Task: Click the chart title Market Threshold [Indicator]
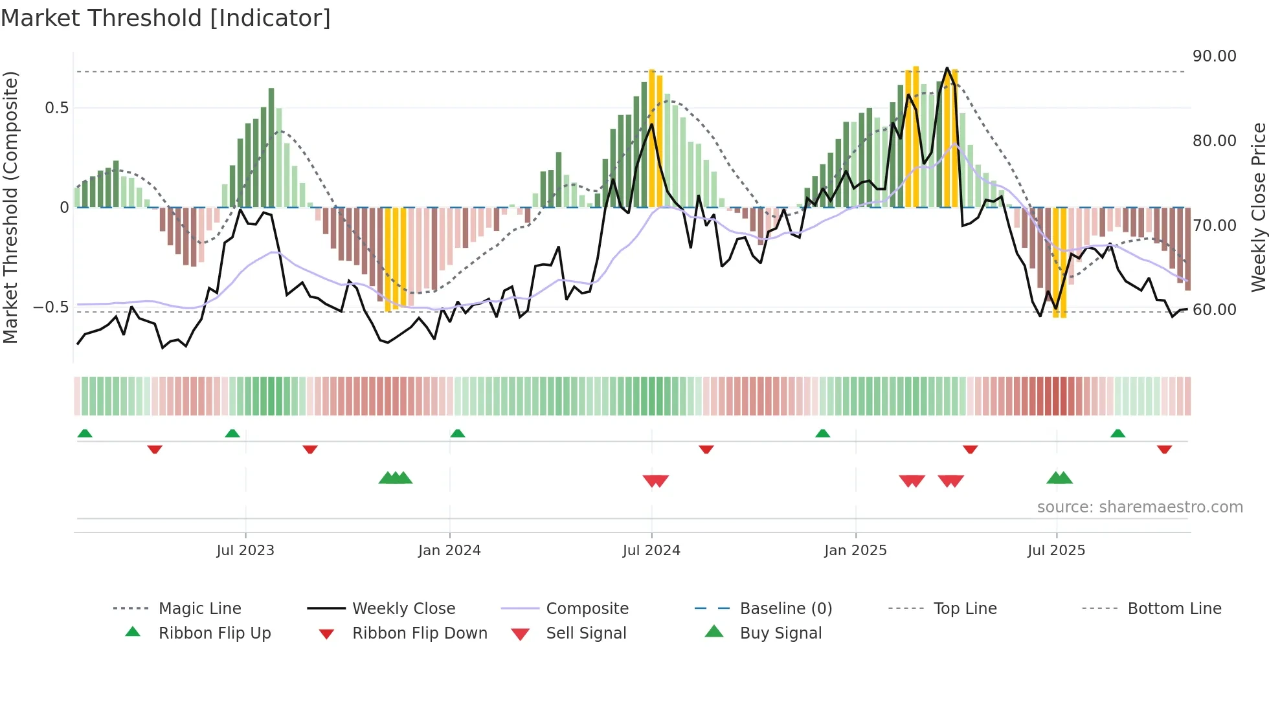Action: (x=166, y=18)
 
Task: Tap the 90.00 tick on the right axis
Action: (x=1214, y=56)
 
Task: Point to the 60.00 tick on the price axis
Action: (x=1214, y=310)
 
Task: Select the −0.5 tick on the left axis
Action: (x=51, y=307)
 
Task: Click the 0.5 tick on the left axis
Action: (x=56, y=108)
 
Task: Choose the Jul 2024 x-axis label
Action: (x=651, y=551)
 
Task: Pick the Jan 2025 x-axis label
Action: (x=855, y=551)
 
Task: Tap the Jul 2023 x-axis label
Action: (x=245, y=551)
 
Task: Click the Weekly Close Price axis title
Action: (x=1258, y=207)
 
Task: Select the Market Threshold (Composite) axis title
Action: (x=10, y=207)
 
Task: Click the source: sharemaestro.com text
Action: (x=1140, y=507)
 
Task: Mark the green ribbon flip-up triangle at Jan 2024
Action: (x=458, y=433)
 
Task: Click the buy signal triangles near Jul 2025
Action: (x=1059, y=478)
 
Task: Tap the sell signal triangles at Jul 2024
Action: (x=655, y=481)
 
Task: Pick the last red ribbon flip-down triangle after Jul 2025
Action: (x=1164, y=449)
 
